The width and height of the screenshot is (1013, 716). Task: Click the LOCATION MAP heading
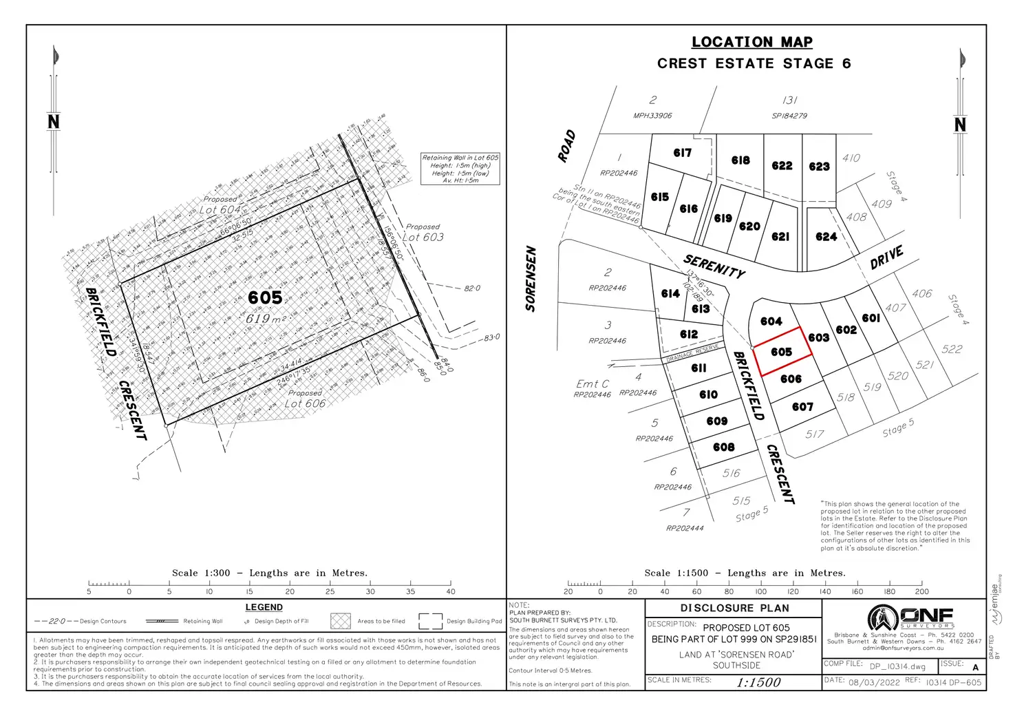click(751, 42)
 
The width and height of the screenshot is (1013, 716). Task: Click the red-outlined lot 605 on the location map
click(781, 352)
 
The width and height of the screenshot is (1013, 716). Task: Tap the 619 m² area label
click(266, 319)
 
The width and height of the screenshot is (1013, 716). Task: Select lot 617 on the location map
click(682, 153)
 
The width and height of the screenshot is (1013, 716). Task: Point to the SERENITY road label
click(714, 266)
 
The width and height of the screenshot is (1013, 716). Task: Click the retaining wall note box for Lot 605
click(460, 169)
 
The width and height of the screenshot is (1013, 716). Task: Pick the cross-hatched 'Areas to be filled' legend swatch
click(341, 621)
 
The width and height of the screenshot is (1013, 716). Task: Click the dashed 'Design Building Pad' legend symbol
click(430, 621)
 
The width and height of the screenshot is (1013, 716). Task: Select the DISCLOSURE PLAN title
click(734, 608)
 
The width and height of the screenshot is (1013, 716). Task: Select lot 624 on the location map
click(826, 237)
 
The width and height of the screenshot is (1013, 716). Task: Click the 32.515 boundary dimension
click(242, 235)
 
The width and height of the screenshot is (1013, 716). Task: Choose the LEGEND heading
click(264, 607)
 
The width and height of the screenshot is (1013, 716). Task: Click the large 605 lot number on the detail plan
click(265, 297)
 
